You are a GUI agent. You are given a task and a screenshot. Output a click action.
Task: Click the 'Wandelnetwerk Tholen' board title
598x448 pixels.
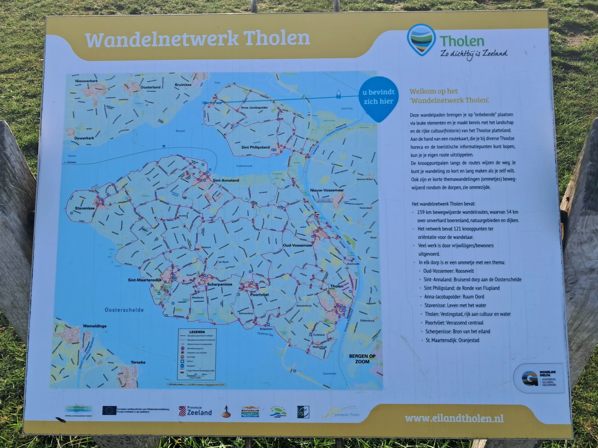197,39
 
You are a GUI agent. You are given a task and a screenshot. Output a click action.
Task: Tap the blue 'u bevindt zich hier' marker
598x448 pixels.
378,97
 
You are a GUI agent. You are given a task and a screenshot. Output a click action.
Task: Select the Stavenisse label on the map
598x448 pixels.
85,208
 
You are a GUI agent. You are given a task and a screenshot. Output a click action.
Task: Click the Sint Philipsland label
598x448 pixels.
255,147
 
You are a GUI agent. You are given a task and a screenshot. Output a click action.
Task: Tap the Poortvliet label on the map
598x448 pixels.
259,295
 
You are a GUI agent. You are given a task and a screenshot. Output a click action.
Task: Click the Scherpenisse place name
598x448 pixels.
220,284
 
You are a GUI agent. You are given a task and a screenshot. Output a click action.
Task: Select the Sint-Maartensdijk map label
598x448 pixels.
145,280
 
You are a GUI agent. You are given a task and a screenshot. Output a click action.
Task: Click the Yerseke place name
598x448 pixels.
138,362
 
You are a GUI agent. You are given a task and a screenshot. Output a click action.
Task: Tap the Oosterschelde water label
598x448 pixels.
124,310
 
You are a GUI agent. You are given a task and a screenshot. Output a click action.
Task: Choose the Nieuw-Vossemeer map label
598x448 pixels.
327,190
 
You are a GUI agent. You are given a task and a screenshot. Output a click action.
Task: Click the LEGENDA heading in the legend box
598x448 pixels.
197,332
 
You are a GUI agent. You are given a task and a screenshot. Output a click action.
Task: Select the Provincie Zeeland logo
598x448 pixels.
195,411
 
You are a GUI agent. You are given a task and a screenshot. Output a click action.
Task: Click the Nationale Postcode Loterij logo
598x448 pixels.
250,412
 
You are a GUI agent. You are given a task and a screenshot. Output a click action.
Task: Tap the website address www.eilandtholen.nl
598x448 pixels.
454,418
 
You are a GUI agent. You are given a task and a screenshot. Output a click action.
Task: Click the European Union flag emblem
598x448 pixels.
109,410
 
